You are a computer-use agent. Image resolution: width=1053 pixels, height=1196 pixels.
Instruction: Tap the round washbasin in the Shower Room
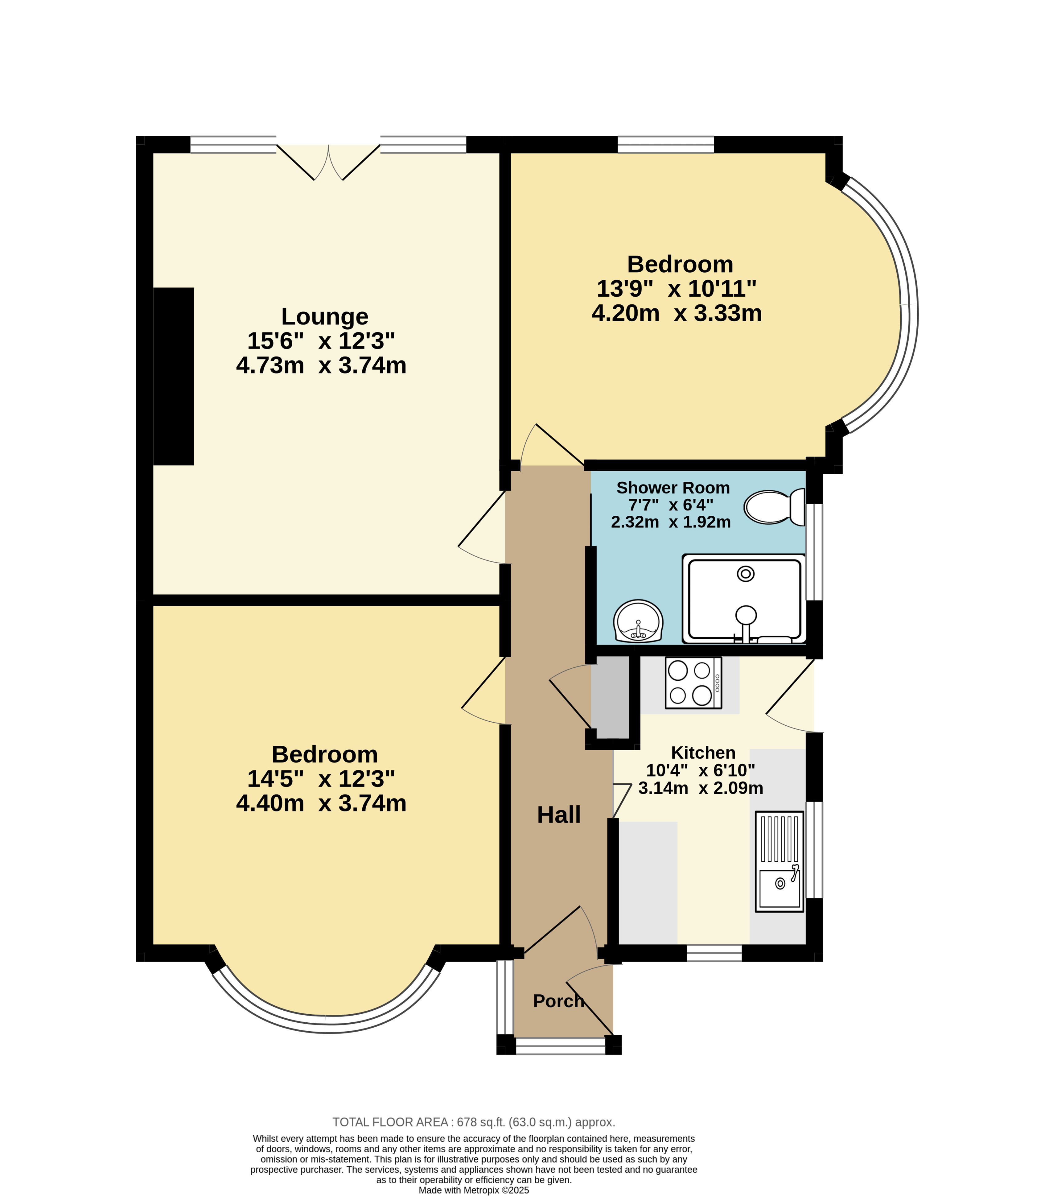[638, 621]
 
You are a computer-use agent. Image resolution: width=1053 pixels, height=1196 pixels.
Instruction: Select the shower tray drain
[745, 574]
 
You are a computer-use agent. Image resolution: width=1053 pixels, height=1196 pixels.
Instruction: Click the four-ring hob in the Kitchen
[693, 683]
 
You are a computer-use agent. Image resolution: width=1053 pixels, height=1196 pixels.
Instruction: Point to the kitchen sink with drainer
[779, 861]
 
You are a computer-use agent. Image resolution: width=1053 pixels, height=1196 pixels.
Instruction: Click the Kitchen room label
[703, 753]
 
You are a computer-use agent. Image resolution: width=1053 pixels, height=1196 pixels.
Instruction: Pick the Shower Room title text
[673, 487]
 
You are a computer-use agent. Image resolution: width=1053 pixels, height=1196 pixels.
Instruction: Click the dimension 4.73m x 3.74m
[321, 365]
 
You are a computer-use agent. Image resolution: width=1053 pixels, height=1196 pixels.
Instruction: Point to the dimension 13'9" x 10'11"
[676, 288]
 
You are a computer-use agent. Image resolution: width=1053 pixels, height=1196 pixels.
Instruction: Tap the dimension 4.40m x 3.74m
[321, 803]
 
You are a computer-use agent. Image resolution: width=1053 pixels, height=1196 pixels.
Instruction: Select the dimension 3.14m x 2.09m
[701, 788]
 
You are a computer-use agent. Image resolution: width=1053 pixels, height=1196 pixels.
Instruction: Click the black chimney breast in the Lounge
[173, 376]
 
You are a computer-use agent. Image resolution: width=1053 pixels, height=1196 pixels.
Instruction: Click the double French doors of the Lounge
[328, 162]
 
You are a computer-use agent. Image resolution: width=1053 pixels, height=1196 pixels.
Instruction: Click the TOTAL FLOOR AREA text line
[474, 1122]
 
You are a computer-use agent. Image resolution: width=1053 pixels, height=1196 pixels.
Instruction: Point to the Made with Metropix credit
[474, 1190]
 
